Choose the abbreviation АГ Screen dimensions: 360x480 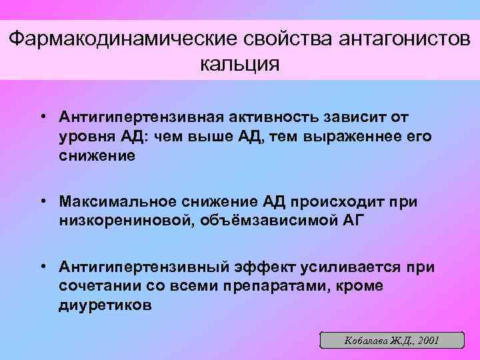[x=351, y=221]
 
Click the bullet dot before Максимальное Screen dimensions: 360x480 [x=42, y=201]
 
